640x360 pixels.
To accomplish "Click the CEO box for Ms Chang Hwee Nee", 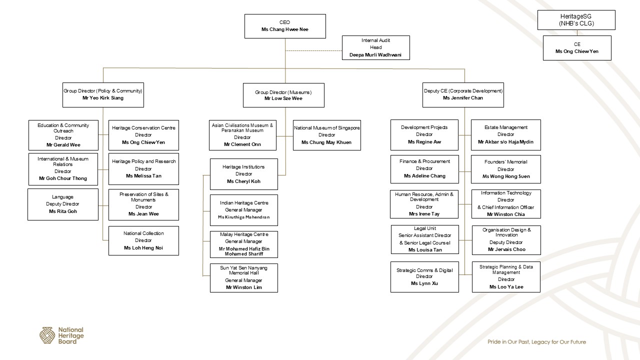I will (285, 26).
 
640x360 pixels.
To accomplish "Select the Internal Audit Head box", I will (375, 47).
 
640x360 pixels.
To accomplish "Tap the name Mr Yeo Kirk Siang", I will (103, 98).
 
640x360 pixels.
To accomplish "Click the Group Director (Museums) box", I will (283, 95).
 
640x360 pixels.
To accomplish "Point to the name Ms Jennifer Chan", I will (463, 98).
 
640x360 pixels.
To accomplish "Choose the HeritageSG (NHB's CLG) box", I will (576, 20).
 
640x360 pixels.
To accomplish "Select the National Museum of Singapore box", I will (326, 135).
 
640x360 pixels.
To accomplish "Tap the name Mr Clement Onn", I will (242, 144).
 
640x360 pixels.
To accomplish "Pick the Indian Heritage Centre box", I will (243, 210).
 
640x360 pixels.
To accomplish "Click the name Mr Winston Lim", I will (244, 287).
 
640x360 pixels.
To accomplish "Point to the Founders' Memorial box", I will (505, 169).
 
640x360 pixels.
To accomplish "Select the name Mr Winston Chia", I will (506, 214).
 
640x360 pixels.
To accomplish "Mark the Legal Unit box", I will (424, 239).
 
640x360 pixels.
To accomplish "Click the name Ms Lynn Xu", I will (424, 283).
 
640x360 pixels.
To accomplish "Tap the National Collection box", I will (143, 240).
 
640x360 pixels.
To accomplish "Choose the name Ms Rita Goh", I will (63, 211).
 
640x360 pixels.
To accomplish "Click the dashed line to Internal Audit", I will (313, 51).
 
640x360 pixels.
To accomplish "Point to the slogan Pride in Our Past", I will (536, 342).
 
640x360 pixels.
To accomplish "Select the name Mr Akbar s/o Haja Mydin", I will (506, 142).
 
